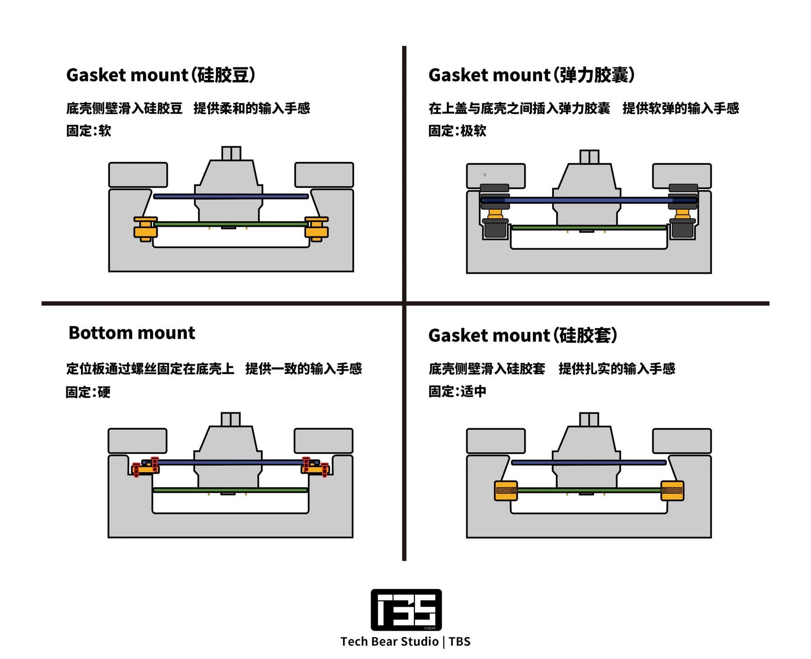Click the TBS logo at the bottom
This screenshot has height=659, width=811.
pyautogui.click(x=406, y=610)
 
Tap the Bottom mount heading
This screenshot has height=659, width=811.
pyautogui.click(x=132, y=333)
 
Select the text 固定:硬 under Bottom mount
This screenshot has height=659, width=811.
pyautogui.click(x=88, y=392)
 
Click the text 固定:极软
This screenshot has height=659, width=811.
pyautogui.click(x=457, y=131)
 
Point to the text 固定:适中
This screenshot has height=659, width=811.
pyautogui.click(x=457, y=391)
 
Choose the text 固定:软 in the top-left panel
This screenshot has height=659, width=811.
pyautogui.click(x=89, y=131)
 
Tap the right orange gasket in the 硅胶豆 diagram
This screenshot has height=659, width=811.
pyautogui.click(x=316, y=229)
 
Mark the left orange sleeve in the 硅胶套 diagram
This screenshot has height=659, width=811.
pyautogui.click(x=506, y=491)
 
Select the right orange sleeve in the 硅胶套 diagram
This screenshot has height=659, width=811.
pyautogui.click(x=672, y=491)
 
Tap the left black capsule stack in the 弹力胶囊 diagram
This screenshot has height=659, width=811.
pyautogui.click(x=495, y=211)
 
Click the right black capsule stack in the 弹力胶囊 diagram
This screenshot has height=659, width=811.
pyautogui.click(x=683, y=211)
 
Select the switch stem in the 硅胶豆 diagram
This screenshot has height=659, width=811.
pyautogui.click(x=231, y=153)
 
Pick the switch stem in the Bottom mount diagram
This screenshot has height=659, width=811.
pyautogui.click(x=230, y=419)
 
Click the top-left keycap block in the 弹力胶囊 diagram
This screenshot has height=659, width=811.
pyautogui.click(x=496, y=176)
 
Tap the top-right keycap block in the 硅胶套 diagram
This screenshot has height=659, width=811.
pyautogui.click(x=682, y=441)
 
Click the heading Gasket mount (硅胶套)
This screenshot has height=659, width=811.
pyautogui.click(x=523, y=335)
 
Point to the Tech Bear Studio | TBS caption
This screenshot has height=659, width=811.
pyautogui.click(x=405, y=642)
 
